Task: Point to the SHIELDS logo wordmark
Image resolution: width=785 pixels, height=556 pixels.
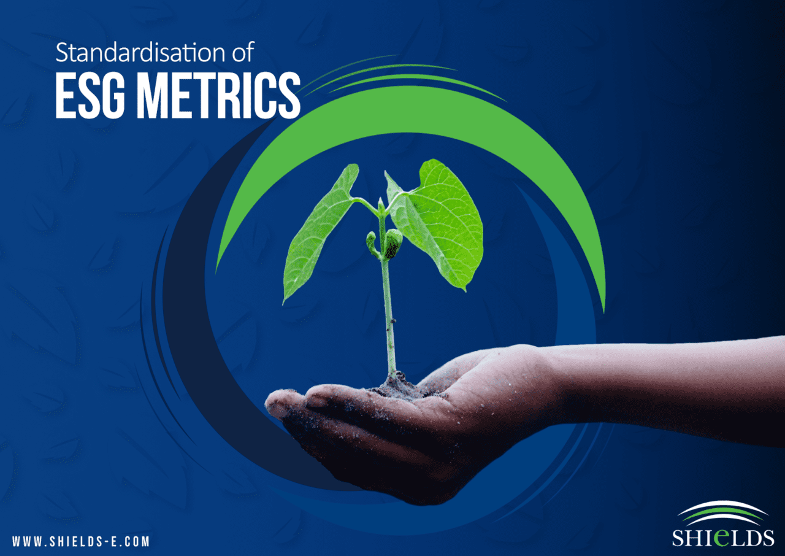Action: [722, 538]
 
